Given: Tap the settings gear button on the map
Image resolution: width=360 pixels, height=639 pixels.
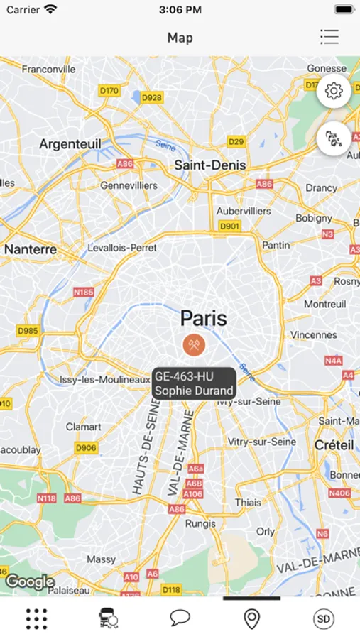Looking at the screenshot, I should point(334,91).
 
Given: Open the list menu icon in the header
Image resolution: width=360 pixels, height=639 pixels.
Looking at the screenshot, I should point(329,37).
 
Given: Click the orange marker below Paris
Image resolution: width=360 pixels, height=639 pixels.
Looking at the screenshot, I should point(194,345).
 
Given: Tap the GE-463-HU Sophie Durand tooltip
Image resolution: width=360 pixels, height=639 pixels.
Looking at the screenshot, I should point(194,383).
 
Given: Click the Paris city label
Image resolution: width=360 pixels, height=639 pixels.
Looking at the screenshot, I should point(203,317).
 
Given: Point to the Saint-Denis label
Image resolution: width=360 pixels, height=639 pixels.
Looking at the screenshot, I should point(210,165).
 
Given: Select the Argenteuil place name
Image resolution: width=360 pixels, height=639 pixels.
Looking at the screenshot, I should point(70,144).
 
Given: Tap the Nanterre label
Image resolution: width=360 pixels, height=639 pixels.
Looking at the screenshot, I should point(31,249).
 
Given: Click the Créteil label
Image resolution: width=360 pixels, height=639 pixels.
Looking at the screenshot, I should point(334,444).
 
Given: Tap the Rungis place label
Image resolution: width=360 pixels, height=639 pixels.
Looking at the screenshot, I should point(200,523).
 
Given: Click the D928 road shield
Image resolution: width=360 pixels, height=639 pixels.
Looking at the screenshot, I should point(152,97).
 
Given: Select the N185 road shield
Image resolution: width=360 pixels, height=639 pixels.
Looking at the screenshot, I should point(83,292).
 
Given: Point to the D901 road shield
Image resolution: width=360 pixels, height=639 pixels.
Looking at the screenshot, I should point(229,226).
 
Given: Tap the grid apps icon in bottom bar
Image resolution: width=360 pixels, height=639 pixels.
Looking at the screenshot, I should point(36,618).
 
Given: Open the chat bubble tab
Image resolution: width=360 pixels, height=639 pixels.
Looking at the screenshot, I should point(180,618).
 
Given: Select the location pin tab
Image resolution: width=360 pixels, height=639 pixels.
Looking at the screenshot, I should point(251,618).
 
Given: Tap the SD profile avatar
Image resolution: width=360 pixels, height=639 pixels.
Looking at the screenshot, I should point(324,618).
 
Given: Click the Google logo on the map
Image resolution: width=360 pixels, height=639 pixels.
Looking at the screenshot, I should point(30,582).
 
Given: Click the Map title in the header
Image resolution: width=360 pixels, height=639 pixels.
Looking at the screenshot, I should point(180,38).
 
